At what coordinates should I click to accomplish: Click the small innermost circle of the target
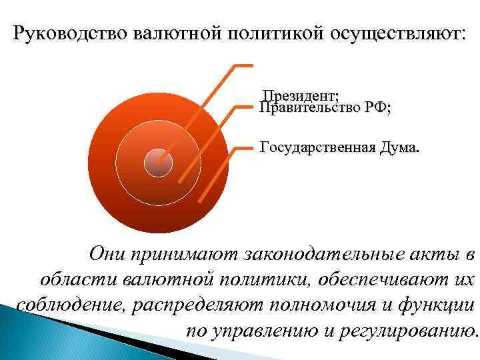click(x=159, y=162)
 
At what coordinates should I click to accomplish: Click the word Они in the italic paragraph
click(x=107, y=254)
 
